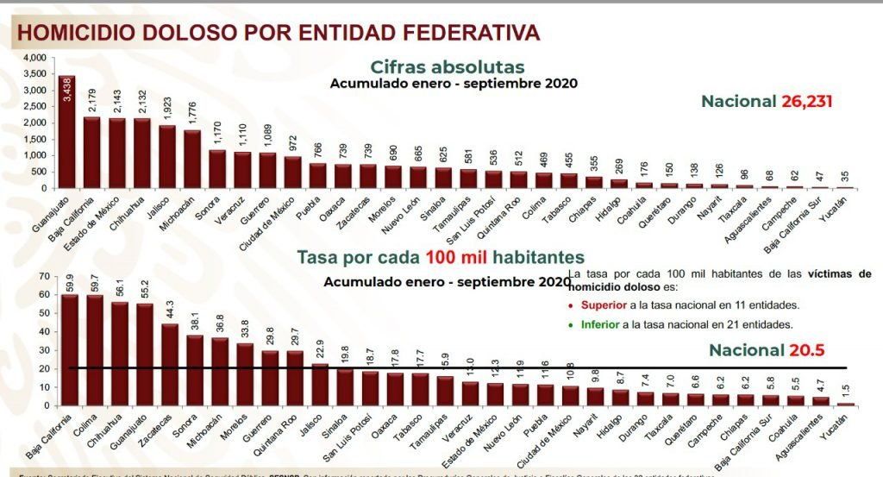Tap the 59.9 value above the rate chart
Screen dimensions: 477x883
click(x=70, y=282)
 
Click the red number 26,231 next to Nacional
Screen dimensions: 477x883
click(x=807, y=101)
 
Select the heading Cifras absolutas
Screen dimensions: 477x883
click(x=447, y=66)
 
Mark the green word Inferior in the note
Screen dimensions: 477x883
click(x=600, y=324)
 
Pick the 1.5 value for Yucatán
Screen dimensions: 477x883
click(x=847, y=392)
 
